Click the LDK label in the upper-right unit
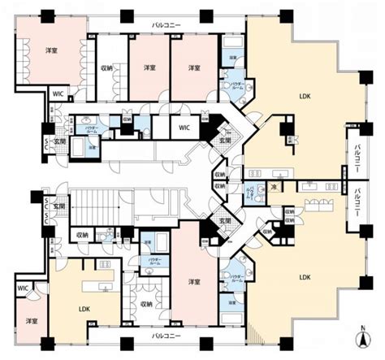[305, 97]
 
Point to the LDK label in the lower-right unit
[305, 277]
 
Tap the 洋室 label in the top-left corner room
[50, 50]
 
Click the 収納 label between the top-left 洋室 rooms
[106, 67]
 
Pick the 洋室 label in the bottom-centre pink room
[194, 281]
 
